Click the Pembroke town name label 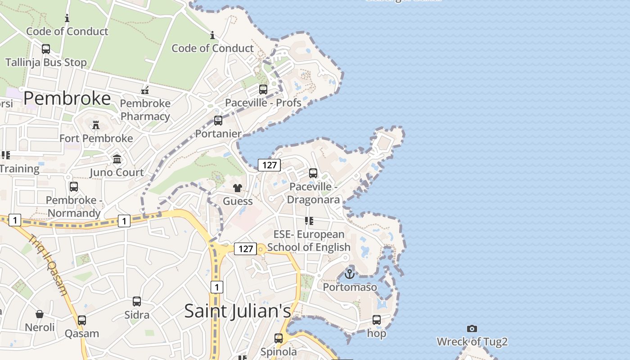tap(67, 98)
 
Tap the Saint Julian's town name tap(238, 311)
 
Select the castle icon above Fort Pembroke tap(96, 125)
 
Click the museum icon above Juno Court tap(117, 159)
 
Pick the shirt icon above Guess tap(238, 188)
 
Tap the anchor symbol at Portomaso tap(350, 273)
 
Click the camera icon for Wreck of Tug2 tap(472, 328)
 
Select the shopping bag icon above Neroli tap(40, 314)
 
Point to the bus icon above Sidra tap(137, 301)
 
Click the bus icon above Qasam tap(82, 320)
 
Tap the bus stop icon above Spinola tap(279, 338)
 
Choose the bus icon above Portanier tap(218, 120)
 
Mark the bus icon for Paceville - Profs tap(263, 89)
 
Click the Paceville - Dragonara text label tap(313, 193)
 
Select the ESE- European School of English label tap(309, 241)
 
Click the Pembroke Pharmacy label tap(145, 110)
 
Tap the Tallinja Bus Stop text tap(46, 62)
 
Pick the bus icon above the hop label tap(377, 320)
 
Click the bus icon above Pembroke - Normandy tap(74, 186)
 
